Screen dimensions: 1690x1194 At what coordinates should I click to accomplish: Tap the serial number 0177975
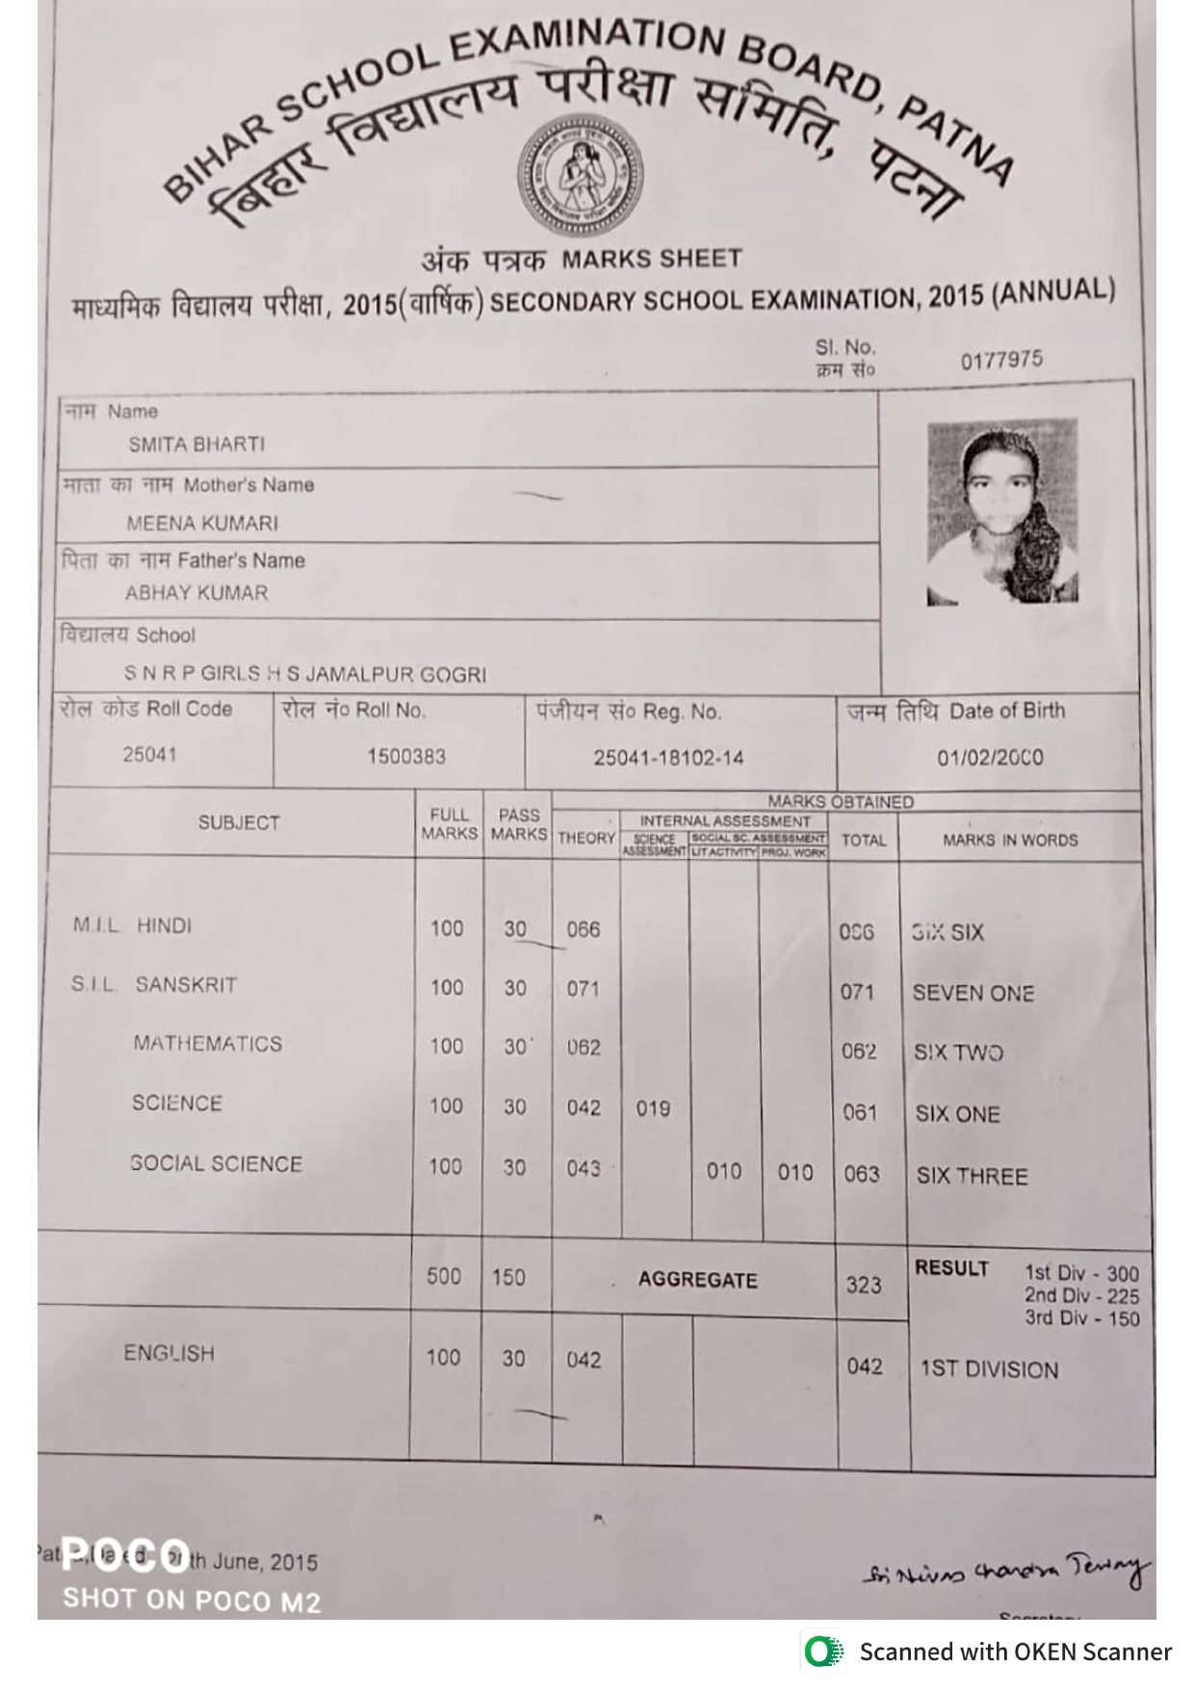(x=1000, y=360)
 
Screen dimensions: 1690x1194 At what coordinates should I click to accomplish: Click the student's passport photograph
(x=1001, y=511)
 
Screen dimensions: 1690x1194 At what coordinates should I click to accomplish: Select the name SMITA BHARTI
(x=196, y=445)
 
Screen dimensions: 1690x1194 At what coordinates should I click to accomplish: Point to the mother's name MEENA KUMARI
(x=202, y=523)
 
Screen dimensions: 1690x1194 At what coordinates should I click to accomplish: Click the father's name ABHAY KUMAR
(x=196, y=593)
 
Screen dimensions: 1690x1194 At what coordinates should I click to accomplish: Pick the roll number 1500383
(x=405, y=756)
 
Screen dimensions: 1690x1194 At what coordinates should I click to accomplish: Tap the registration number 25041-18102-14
(x=668, y=758)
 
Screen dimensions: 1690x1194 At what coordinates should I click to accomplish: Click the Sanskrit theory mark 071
(x=583, y=989)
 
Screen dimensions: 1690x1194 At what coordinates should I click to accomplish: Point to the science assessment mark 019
(x=653, y=1108)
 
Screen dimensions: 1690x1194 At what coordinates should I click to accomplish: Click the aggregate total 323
(x=863, y=1285)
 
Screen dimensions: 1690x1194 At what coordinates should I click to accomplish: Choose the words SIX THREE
(x=972, y=1176)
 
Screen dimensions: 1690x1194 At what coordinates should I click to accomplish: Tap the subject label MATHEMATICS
(x=208, y=1044)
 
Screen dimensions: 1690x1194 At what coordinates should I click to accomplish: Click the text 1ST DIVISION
(x=989, y=1369)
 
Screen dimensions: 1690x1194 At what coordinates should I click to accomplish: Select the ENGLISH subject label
(x=169, y=1353)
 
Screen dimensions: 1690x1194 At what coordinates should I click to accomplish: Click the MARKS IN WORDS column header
(x=1010, y=840)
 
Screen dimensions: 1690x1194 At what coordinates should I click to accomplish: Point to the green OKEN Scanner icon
(x=822, y=1651)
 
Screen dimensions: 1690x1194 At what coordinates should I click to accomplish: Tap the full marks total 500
(x=443, y=1276)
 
